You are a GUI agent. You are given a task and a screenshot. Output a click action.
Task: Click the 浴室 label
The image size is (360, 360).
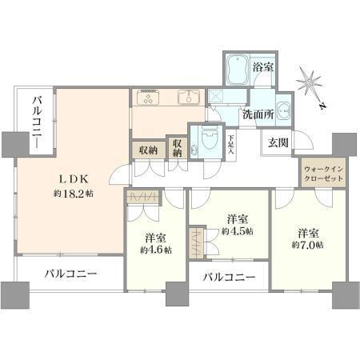(264, 67)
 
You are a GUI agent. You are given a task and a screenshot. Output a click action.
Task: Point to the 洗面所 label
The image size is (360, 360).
(259, 114)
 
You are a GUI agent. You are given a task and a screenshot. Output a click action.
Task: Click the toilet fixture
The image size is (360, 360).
(209, 138)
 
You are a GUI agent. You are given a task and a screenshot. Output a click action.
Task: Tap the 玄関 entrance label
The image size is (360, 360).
(278, 143)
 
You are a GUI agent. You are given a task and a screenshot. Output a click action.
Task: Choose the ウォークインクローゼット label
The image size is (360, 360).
(323, 174)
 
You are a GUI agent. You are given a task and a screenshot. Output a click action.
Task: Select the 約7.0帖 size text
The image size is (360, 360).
(308, 244)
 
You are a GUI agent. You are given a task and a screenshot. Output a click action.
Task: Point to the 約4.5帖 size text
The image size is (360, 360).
(238, 230)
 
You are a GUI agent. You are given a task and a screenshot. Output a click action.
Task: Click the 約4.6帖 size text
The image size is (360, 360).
(155, 250)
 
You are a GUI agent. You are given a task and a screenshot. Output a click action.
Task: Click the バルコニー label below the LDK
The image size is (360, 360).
(70, 274)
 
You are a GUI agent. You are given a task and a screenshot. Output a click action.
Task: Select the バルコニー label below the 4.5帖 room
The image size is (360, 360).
(230, 278)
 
